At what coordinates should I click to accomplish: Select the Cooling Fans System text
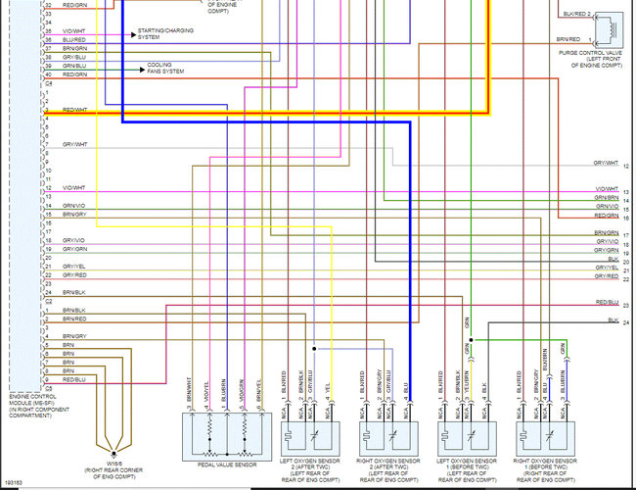click(x=166, y=68)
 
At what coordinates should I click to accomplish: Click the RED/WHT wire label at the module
click(x=75, y=110)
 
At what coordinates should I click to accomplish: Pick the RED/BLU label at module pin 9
click(x=75, y=379)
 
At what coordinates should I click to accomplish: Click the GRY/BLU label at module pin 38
click(x=75, y=57)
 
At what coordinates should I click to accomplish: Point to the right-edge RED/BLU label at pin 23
click(x=606, y=304)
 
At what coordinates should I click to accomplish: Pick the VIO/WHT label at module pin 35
click(x=75, y=31)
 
